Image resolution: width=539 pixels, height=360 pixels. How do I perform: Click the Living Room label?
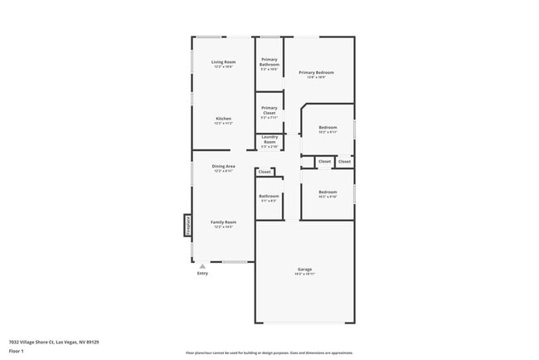[223, 62]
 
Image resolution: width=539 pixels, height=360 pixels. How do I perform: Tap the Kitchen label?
[223, 119]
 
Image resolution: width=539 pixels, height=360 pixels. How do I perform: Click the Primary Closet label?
[269, 108]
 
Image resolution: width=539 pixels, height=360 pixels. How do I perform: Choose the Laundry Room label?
[269, 139]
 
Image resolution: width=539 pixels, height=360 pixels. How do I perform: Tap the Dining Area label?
[223, 167]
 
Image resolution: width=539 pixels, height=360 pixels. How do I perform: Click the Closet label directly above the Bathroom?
[265, 172]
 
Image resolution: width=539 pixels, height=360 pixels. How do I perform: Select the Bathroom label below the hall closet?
[269, 196]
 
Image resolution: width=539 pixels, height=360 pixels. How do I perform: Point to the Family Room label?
[223, 221]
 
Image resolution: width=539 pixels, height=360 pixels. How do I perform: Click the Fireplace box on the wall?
[187, 226]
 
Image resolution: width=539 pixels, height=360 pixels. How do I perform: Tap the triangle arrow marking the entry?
[202, 265]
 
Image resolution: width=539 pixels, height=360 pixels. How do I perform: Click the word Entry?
[202, 273]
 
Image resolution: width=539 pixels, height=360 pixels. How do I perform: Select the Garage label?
[304, 269]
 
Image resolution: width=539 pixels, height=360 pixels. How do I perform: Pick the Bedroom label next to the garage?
[328, 192]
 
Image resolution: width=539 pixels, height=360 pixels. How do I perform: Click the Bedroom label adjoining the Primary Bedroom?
[328, 127]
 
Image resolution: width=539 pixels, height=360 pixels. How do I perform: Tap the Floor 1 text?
[16, 351]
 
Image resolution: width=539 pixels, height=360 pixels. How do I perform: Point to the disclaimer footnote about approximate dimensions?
[269, 353]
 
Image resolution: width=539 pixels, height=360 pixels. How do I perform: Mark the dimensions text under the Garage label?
[304, 274]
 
